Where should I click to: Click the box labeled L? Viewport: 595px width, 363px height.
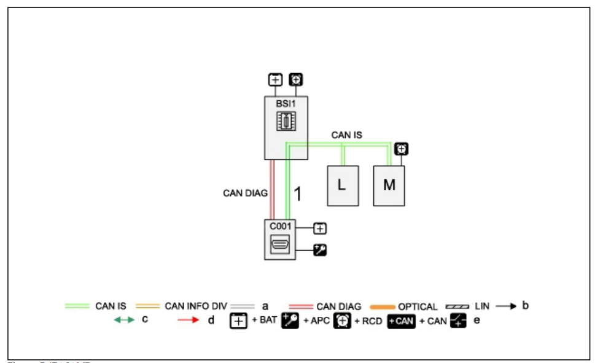[x=343, y=185]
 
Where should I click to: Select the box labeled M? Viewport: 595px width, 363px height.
[x=389, y=185]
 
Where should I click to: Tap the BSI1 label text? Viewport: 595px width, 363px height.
[x=286, y=104]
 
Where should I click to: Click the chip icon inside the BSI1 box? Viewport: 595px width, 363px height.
[x=286, y=121]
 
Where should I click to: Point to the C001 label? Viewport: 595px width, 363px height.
[x=281, y=225]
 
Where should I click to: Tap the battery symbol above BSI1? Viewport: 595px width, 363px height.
[x=275, y=80]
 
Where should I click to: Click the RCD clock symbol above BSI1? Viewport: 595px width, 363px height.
[x=295, y=80]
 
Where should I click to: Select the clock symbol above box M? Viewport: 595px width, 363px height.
[x=402, y=149]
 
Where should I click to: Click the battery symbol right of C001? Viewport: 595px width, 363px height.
[x=320, y=228]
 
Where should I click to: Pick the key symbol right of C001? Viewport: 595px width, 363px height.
[x=320, y=249]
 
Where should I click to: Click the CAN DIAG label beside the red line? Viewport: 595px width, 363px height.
[x=245, y=193]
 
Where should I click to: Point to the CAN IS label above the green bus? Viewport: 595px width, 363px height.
[x=346, y=135]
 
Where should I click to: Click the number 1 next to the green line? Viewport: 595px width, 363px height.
[x=298, y=194]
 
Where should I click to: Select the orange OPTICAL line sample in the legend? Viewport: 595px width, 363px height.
[x=381, y=306]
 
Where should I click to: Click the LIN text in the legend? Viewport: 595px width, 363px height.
[x=482, y=306]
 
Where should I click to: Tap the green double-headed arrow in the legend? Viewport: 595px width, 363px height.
[x=124, y=321]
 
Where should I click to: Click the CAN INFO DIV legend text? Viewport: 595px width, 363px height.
[x=196, y=306]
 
